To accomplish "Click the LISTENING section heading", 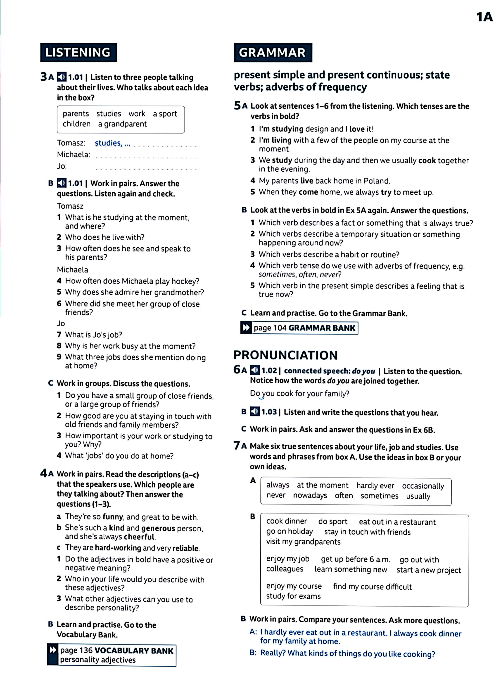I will coord(78,53).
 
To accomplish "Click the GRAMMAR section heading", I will coord(272,53).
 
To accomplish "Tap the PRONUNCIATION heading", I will coord(285,355).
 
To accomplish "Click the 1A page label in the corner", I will coord(484,17).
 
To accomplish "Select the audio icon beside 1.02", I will coord(255,370).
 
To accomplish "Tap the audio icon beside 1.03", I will coord(255,412).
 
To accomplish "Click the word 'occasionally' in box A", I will coord(423,486).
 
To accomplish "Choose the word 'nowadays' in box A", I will coord(310,496).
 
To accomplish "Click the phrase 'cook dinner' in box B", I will coord(286,521).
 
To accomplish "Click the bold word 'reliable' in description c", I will coord(186,548).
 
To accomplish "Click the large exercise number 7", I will coord(237,446).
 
